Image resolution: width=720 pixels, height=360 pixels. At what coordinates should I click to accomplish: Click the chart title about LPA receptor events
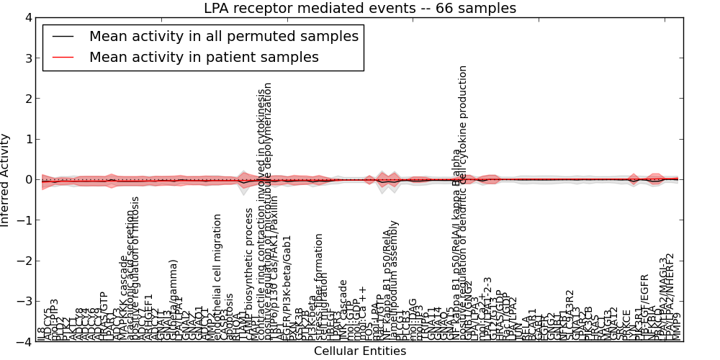click(360, 9)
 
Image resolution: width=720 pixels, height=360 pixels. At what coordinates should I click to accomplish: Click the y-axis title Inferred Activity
click(6, 180)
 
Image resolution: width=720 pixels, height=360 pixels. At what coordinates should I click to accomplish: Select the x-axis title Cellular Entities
click(360, 351)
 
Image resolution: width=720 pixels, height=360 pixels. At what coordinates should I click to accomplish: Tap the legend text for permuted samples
click(224, 37)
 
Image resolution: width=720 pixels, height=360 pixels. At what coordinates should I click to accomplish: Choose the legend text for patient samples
click(204, 57)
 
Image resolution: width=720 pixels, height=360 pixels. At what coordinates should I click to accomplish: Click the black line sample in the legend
click(63, 37)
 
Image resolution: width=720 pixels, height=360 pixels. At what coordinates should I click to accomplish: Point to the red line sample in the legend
click(63, 57)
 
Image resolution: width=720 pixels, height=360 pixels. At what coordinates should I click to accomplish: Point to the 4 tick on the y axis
click(27, 17)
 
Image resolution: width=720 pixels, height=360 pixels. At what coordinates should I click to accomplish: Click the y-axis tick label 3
click(27, 58)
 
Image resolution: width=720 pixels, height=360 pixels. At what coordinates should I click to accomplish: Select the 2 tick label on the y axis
click(27, 99)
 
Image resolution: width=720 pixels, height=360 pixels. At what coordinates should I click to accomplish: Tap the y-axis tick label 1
click(27, 140)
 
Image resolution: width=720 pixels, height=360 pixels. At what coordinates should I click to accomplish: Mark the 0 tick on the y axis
click(27, 180)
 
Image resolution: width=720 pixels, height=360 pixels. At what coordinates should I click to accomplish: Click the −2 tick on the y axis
click(24, 261)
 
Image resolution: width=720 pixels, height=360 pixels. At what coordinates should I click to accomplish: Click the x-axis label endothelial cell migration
click(217, 276)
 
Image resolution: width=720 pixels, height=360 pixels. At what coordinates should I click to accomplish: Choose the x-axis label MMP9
click(675, 328)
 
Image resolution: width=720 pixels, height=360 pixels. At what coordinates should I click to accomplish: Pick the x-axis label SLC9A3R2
click(570, 315)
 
